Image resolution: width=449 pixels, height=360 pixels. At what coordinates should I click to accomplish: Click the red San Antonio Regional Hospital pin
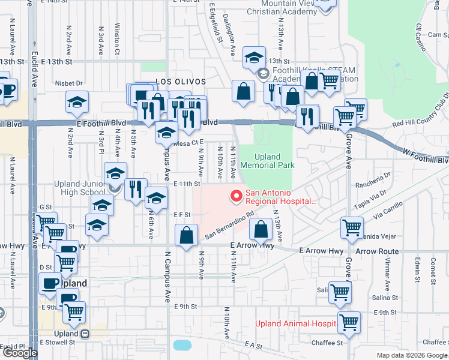point(235,196)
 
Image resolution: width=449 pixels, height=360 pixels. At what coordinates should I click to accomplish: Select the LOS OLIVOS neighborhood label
point(181,81)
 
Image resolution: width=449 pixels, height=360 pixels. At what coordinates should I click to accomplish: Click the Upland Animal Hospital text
point(295,323)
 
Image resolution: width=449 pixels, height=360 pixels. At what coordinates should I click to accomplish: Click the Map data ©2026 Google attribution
point(412,355)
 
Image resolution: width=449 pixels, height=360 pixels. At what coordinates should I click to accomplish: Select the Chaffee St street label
point(327,343)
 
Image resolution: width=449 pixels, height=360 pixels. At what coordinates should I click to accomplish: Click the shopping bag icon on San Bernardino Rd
point(187,235)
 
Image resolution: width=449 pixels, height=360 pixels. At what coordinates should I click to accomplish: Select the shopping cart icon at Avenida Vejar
point(352,227)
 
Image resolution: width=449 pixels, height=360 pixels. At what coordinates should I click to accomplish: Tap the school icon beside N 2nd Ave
point(77,101)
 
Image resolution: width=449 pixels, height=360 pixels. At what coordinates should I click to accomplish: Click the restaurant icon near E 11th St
point(136,189)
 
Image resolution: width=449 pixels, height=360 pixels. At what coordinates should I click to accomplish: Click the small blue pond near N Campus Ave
point(181,345)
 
